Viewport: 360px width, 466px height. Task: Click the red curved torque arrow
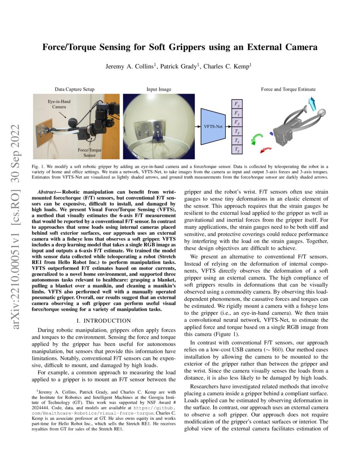point(266,150)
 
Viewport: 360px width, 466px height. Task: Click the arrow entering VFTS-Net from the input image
point(197,126)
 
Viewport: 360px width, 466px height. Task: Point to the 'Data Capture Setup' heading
point(75,89)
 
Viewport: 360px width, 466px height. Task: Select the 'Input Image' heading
point(158,89)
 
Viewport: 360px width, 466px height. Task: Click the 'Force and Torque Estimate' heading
point(288,89)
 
